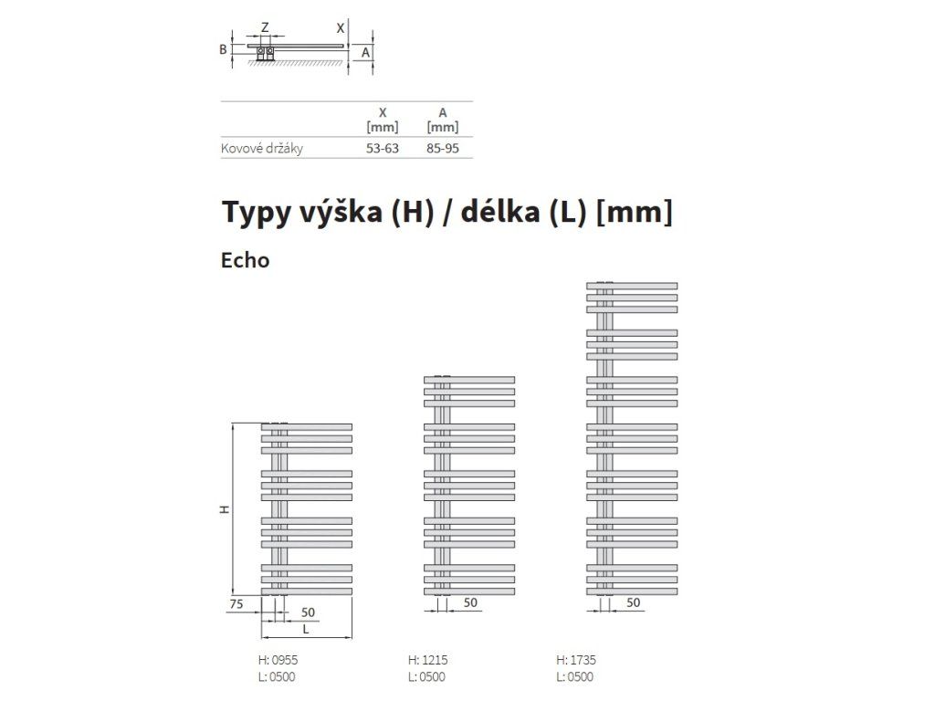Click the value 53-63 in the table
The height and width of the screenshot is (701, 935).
[x=383, y=149]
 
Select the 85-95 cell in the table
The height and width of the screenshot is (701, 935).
[x=443, y=149]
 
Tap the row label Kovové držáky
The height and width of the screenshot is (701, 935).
[x=262, y=149]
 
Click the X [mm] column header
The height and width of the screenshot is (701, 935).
[x=383, y=120]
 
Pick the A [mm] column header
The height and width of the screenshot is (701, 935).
[x=443, y=120]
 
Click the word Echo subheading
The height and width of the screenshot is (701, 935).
[x=245, y=260]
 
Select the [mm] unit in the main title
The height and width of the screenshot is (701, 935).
[x=635, y=212]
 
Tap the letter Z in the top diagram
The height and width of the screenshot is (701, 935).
[x=266, y=27]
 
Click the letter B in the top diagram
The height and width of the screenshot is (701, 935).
[x=223, y=49]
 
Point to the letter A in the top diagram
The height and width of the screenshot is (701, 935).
[x=365, y=52]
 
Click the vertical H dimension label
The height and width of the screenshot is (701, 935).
[x=225, y=509]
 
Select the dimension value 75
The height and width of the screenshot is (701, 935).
[x=236, y=604]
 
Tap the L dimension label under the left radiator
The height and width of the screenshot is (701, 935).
[x=306, y=629]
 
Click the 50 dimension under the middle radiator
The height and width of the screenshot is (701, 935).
[x=470, y=602]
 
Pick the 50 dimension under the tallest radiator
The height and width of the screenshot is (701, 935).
[x=634, y=602]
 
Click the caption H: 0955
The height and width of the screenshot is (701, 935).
[x=278, y=660]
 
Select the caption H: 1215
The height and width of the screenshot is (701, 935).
[x=427, y=660]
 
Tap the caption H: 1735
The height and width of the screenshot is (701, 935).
[x=576, y=660]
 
